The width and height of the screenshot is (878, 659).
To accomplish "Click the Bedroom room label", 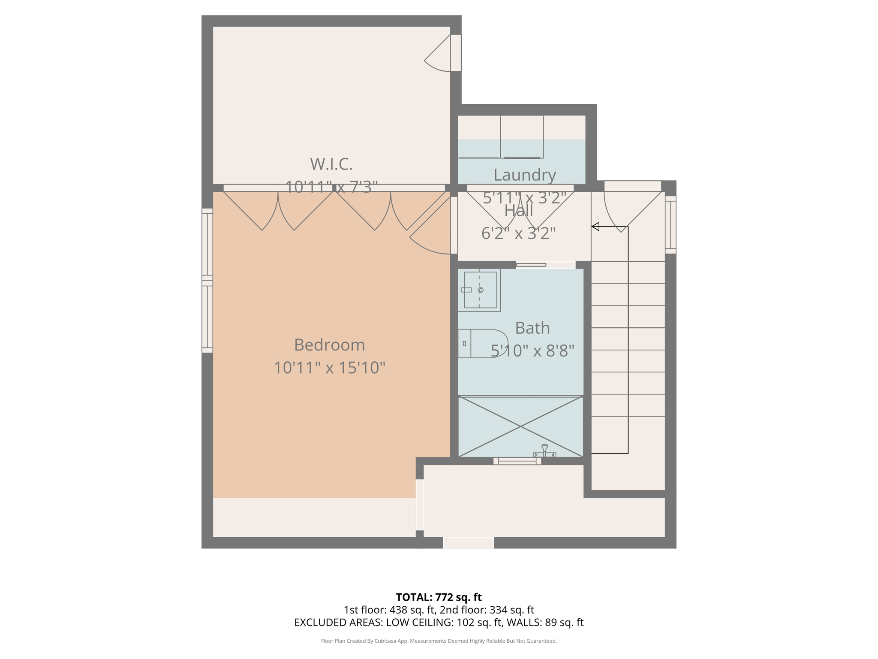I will click(x=329, y=345).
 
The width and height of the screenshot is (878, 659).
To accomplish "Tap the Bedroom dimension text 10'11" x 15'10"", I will click(x=329, y=368).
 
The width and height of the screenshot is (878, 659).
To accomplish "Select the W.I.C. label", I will click(x=331, y=164).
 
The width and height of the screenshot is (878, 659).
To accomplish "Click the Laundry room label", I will click(x=524, y=175).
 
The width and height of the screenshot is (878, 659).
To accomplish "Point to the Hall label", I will click(x=518, y=211).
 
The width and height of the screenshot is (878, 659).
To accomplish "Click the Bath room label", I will click(x=532, y=328).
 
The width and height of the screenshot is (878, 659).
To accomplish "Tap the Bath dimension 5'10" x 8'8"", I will click(x=532, y=351).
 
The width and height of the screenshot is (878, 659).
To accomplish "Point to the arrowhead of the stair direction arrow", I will click(x=595, y=227).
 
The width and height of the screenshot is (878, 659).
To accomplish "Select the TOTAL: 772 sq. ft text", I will click(x=439, y=597).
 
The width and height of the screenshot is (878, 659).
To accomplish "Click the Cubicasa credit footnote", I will click(x=439, y=641).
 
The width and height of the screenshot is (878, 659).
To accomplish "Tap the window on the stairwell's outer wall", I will click(x=671, y=224).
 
